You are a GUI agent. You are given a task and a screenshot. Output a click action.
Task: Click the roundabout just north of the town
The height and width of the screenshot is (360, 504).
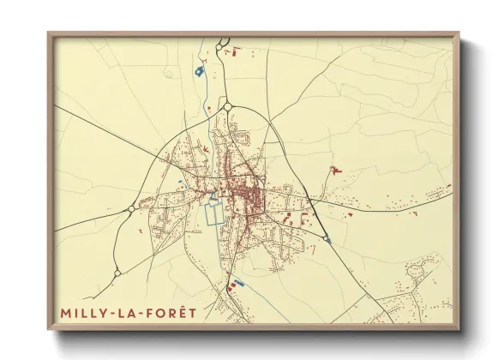click(x=229, y=106)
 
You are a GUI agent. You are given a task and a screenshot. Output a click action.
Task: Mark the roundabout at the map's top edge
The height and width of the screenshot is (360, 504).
click(x=223, y=41)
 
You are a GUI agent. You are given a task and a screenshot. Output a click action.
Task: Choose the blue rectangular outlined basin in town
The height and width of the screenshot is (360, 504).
click(x=213, y=211)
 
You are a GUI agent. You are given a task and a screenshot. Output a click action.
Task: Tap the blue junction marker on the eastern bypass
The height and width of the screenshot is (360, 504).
click(x=327, y=238)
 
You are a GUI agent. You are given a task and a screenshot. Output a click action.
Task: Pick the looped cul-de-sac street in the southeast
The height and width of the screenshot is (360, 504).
click(x=416, y=272)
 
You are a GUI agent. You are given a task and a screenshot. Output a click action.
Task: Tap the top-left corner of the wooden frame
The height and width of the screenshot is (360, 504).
click(x=49, y=33)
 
